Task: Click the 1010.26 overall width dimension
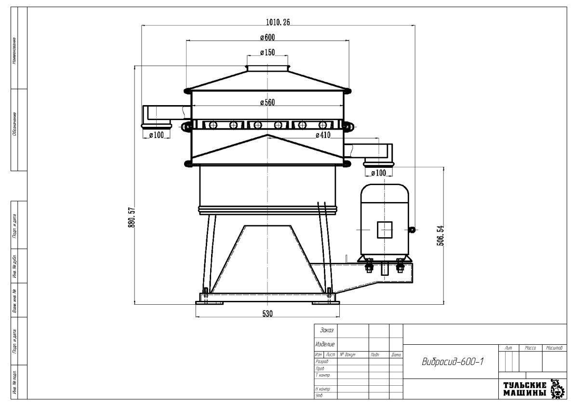click(x=279, y=22)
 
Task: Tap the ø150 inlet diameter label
click(x=267, y=53)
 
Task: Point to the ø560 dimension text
click(x=267, y=102)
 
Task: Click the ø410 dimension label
click(x=323, y=135)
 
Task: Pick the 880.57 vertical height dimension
click(x=130, y=219)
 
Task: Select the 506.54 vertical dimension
click(x=440, y=235)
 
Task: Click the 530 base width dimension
click(x=267, y=313)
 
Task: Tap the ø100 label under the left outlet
click(x=156, y=135)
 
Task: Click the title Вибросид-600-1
click(x=449, y=362)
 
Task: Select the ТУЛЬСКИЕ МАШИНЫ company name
click(x=525, y=389)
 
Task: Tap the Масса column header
click(x=530, y=347)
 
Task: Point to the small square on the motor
click(x=384, y=230)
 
